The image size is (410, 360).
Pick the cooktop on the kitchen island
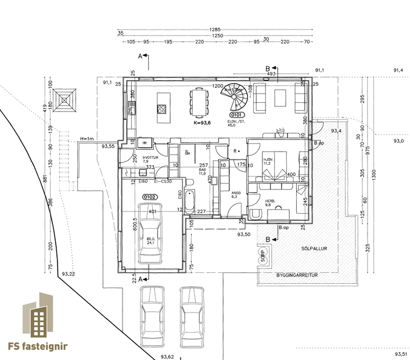tap(162, 108)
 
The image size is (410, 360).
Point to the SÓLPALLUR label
tap(315, 248)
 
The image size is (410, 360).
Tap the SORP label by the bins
tap(263, 257)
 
